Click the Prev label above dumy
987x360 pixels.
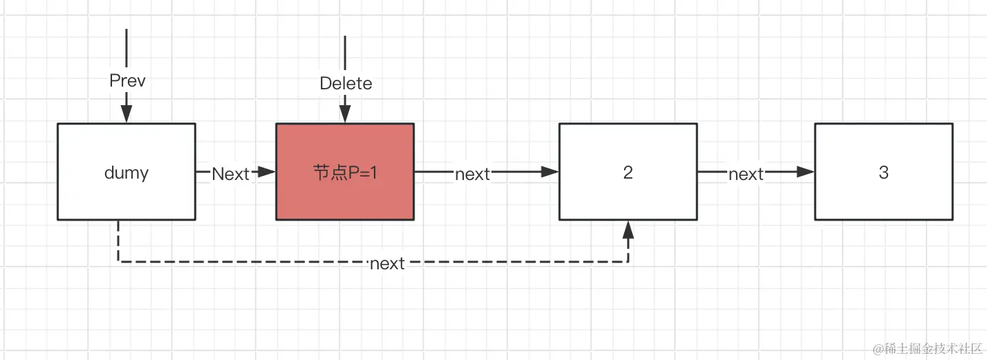[127, 81]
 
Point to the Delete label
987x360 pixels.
[346, 84]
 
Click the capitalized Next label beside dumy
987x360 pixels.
[230, 174]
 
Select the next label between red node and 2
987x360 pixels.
[472, 175]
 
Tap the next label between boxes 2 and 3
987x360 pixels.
[746, 175]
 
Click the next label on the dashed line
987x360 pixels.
[387, 263]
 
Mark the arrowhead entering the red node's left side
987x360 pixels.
[267, 172]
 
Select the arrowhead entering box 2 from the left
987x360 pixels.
[550, 172]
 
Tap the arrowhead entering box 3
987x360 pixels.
[806, 172]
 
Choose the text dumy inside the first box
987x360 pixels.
[126, 172]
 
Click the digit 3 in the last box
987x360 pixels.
[883, 172]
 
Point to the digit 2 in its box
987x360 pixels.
[628, 172]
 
